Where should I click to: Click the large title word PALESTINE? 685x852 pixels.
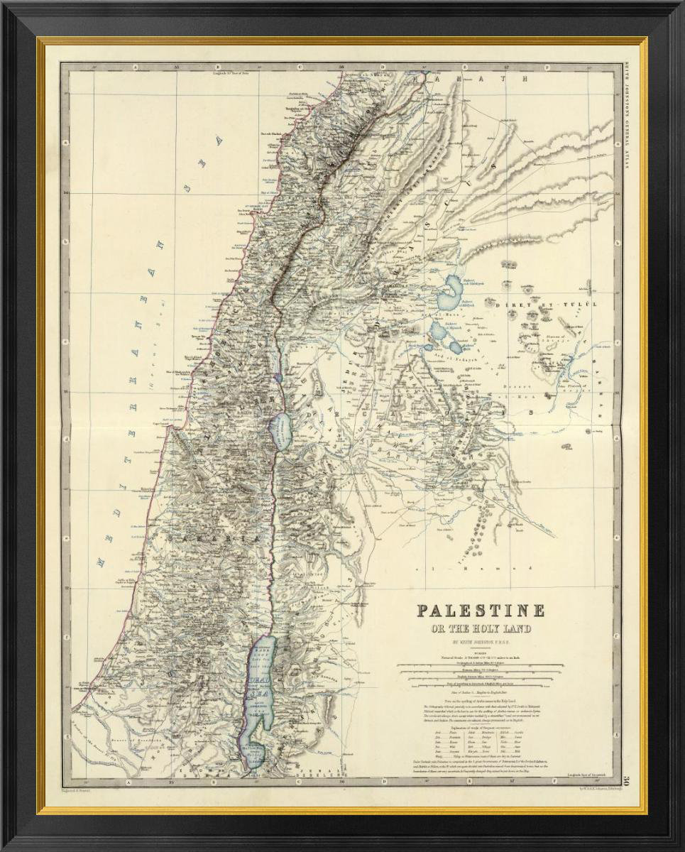pos(480,610)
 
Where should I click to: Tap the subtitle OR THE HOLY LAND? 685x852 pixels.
pos(481,628)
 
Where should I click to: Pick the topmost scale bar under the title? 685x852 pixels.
pos(480,666)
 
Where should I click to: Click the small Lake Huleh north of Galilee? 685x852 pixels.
pos(278,368)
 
